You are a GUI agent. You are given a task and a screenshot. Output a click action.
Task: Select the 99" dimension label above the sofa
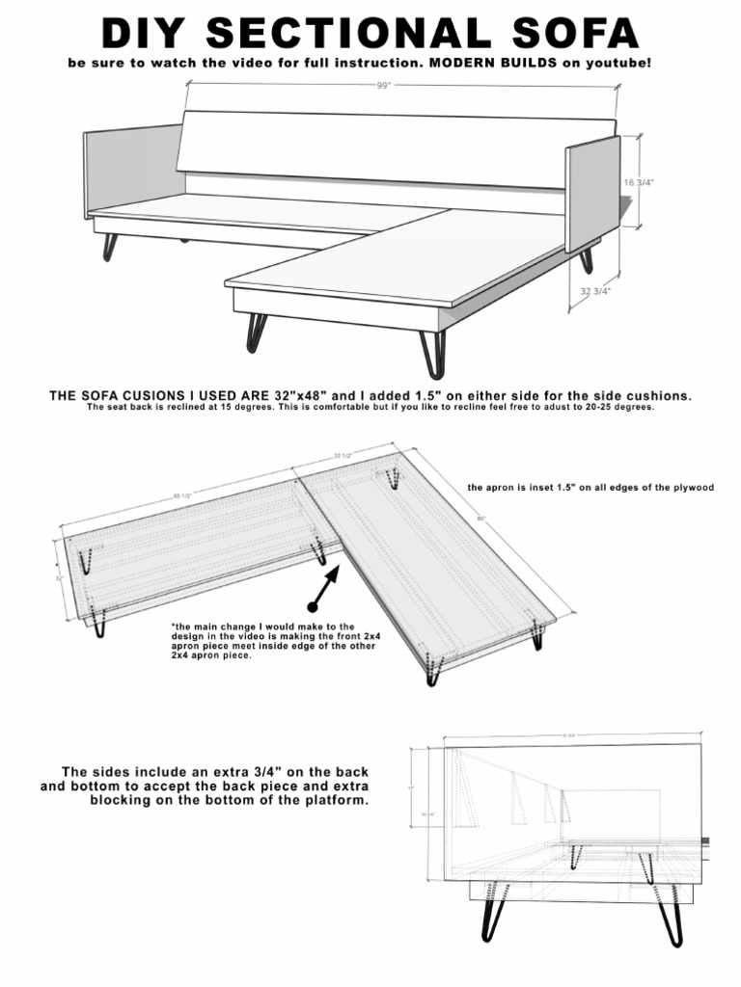[x=384, y=85]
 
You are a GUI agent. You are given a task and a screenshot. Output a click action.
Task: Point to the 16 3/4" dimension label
[x=640, y=181]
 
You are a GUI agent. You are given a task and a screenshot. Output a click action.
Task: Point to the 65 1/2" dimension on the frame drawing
[x=183, y=495]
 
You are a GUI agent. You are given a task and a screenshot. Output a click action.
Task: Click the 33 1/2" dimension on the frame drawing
[x=343, y=455]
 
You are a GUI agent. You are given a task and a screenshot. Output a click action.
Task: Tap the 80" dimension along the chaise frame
[x=480, y=520]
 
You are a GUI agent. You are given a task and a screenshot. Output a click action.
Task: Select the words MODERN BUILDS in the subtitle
[x=483, y=63]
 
